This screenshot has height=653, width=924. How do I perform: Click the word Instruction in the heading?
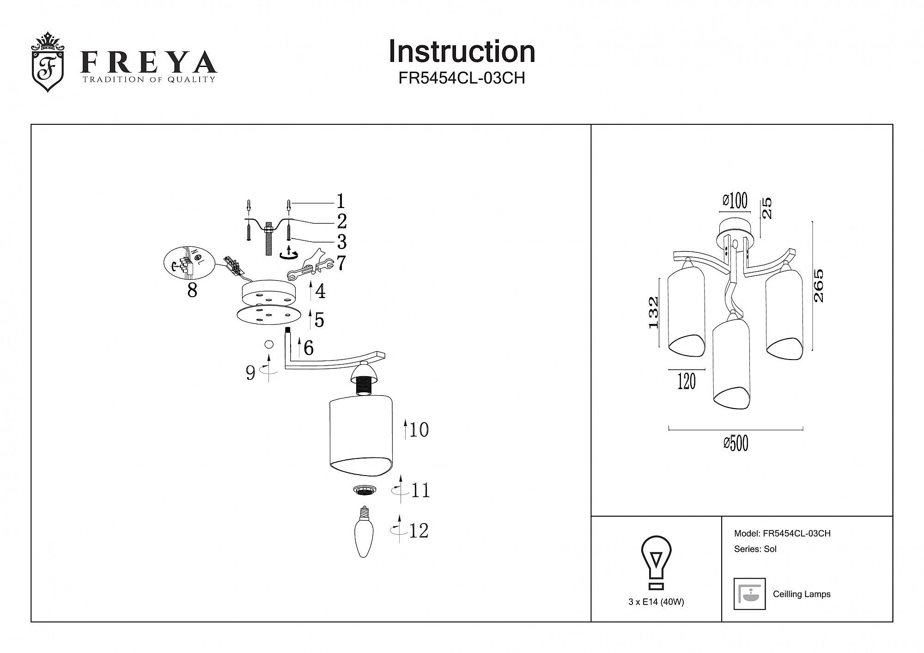(x=462, y=51)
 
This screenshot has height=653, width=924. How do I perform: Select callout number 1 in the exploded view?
(x=340, y=201)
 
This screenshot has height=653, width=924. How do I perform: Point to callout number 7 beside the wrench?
(x=341, y=263)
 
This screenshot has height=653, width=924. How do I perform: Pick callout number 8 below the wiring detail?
(x=192, y=291)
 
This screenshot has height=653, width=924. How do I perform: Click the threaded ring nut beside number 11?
(x=365, y=490)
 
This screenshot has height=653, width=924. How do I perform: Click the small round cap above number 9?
(x=268, y=344)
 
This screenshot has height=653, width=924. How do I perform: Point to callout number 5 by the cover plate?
(x=319, y=320)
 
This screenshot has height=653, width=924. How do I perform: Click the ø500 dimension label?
(x=736, y=443)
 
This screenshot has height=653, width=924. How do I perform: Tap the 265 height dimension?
(x=818, y=286)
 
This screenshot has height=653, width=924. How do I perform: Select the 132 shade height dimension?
(x=653, y=312)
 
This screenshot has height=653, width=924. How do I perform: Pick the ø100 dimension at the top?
(x=735, y=201)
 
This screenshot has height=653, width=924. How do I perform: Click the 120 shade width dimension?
(x=687, y=382)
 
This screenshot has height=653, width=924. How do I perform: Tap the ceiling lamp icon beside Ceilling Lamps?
(x=749, y=594)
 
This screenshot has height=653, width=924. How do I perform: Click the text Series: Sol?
(x=755, y=549)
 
